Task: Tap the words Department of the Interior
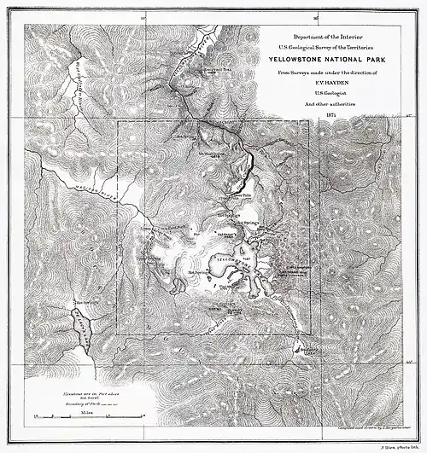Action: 326,39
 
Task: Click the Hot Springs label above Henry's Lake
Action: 83,302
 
